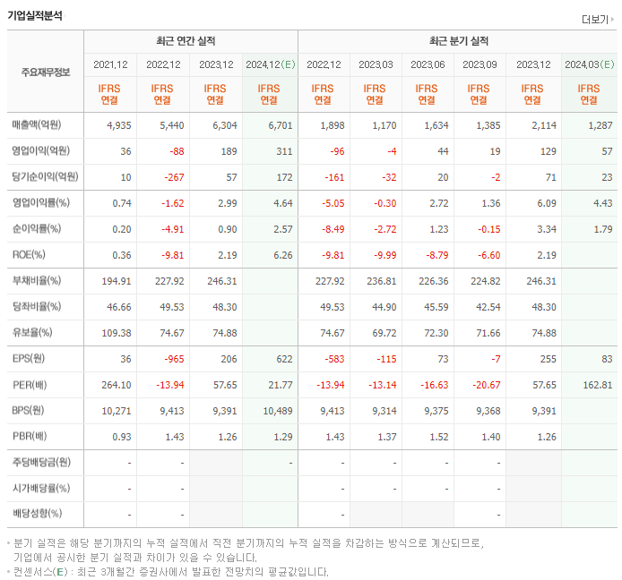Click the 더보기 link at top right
[x=598, y=20]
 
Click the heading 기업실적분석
[x=35, y=13]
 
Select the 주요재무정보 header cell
[x=45, y=72]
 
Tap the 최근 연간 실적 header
[x=190, y=41]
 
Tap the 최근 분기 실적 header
[x=458, y=41]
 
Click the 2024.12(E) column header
[x=270, y=64]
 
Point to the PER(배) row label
[x=30, y=385]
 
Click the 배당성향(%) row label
[x=37, y=515]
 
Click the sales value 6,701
[x=280, y=125]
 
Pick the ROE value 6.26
[x=281, y=255]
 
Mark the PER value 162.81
[x=596, y=385]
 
